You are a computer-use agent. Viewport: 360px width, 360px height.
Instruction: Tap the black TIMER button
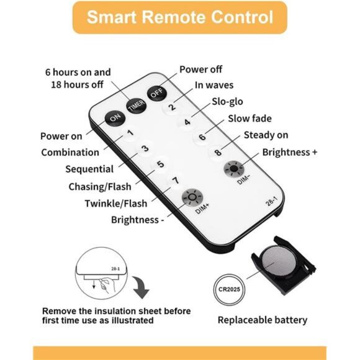point(137,106)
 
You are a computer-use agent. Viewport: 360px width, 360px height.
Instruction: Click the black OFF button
point(157,93)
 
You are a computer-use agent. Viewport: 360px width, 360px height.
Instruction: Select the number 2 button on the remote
point(172,107)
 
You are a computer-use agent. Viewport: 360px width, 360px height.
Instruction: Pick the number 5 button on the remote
point(161,164)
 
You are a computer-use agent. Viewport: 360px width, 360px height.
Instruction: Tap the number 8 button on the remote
point(218,152)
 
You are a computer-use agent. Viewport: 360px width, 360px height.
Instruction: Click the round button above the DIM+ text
point(192,197)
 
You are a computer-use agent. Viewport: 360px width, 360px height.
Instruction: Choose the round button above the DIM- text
point(234,169)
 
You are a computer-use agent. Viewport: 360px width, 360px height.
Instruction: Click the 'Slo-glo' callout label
point(227,101)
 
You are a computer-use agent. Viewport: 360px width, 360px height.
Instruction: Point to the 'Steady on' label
point(266,135)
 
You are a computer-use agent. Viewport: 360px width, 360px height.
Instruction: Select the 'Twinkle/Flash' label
point(116,204)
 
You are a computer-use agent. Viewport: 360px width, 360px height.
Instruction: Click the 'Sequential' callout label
point(89,169)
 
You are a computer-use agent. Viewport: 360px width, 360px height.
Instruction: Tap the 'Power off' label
point(200,70)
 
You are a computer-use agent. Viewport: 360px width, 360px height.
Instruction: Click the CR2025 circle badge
point(229,289)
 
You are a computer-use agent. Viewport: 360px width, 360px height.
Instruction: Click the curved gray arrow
point(140,287)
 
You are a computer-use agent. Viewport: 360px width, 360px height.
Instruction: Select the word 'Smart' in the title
point(112,17)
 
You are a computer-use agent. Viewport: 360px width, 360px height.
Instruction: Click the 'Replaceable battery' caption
point(263,320)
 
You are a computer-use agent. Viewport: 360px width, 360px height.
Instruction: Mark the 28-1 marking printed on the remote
point(271,201)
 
